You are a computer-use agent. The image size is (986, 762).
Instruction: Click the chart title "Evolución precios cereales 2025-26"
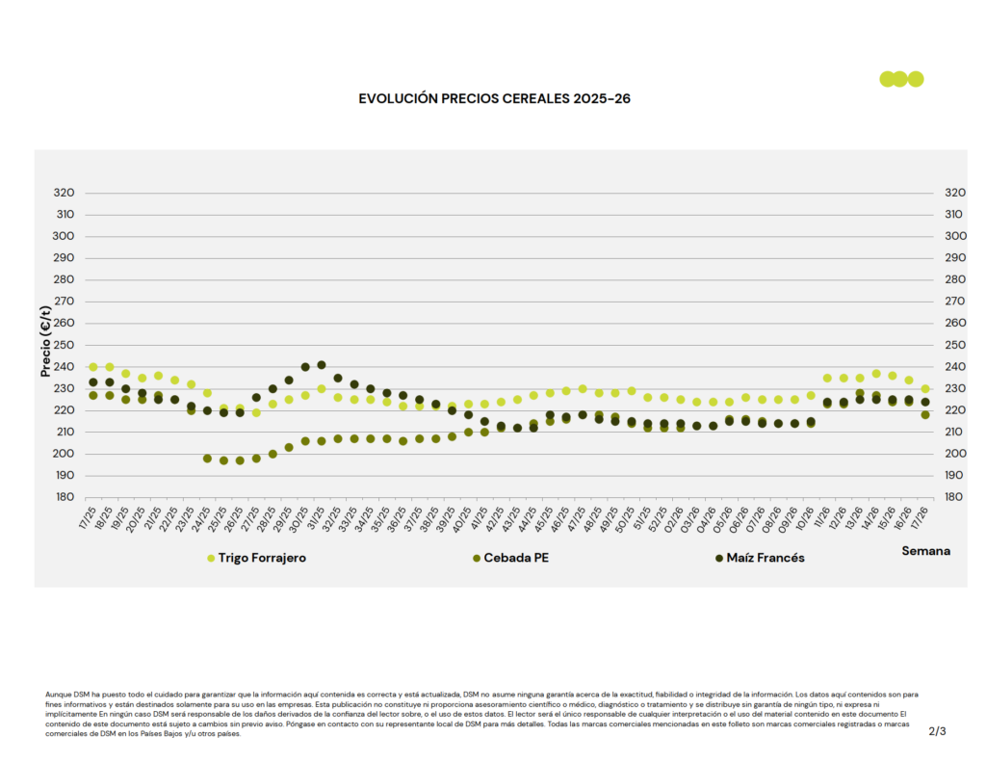pyautogui.click(x=494, y=98)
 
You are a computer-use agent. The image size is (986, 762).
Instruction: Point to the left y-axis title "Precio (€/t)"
pyautogui.click(x=45, y=341)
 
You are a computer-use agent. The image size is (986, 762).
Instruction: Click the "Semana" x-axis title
pyautogui.click(x=925, y=551)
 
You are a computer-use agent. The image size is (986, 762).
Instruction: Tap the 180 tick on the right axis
pyautogui.click(x=955, y=497)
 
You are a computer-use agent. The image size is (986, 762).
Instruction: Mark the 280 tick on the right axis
pyautogui.click(x=955, y=279)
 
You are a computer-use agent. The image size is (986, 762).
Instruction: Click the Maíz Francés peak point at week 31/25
pyautogui.click(x=322, y=365)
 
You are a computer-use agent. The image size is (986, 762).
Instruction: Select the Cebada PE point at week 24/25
pyautogui.click(x=207, y=459)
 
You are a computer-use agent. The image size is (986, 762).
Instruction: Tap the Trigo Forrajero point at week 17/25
pyautogui.click(x=93, y=367)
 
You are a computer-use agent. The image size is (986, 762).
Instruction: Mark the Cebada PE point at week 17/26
pyautogui.click(x=925, y=415)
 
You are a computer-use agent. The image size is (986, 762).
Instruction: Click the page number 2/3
pyautogui.click(x=937, y=732)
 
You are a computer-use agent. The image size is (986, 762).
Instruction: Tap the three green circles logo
pyautogui.click(x=901, y=79)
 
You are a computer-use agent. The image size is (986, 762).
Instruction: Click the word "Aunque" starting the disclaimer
pyautogui.click(x=57, y=694)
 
